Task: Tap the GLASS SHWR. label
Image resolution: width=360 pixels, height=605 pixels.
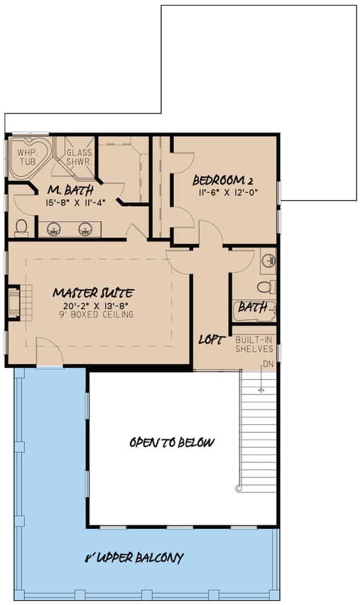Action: tap(79, 157)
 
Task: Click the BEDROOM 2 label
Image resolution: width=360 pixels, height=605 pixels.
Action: tap(222, 181)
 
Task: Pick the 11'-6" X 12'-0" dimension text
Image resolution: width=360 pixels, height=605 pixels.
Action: tap(222, 192)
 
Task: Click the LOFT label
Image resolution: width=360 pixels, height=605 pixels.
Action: tap(212, 339)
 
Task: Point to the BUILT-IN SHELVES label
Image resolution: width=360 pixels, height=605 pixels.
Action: tap(254, 344)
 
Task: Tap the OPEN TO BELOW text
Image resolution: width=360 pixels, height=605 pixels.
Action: tap(172, 443)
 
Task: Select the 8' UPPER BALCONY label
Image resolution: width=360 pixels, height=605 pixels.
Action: tap(134, 558)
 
